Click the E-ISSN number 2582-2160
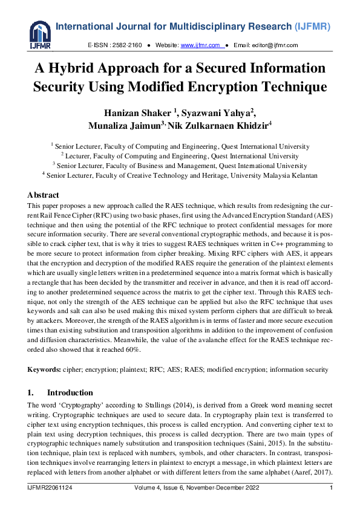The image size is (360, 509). (x=127, y=45)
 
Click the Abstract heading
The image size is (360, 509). (x=43, y=195)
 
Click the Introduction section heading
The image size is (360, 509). (x=70, y=392)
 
